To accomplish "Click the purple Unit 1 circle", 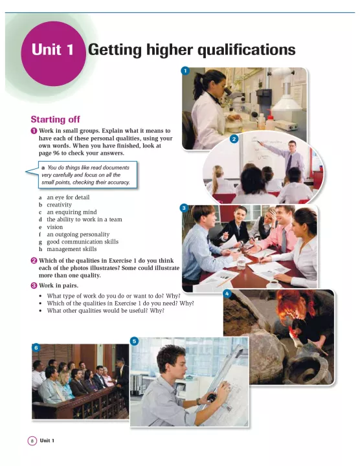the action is (x=54, y=54).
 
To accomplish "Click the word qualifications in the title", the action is (x=247, y=50).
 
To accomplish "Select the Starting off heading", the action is (x=55, y=120).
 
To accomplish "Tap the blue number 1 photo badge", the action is (x=185, y=71).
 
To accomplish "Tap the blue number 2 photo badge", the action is (x=234, y=139).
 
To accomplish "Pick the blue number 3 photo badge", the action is (x=184, y=208).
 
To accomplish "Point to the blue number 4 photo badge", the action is (x=227, y=294).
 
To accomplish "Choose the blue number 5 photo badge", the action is (x=134, y=341).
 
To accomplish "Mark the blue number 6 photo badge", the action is (x=36, y=348).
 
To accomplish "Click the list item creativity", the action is (x=59, y=205).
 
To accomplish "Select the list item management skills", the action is (x=72, y=249).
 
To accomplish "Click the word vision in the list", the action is (x=54, y=227).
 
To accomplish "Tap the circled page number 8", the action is (x=32, y=441).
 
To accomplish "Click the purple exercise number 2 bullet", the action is (x=34, y=261).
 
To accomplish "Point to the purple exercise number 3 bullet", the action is (x=34, y=285).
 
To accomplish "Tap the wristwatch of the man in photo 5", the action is (x=198, y=401).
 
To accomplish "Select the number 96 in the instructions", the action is (x=56, y=153).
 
